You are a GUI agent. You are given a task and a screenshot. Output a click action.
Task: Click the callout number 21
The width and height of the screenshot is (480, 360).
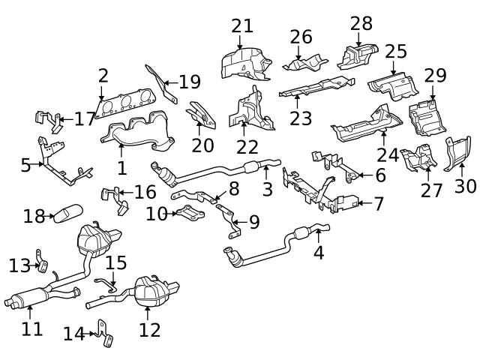242,25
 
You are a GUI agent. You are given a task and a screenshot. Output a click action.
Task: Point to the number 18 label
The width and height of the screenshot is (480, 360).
34,217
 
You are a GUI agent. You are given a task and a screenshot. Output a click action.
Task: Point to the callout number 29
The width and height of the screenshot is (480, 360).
435,76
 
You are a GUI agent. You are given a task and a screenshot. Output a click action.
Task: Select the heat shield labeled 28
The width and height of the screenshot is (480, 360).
358,54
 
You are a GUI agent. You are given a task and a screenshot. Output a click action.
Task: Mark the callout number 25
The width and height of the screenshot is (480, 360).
396,51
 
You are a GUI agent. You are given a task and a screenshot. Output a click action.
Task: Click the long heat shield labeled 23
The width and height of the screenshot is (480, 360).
315,87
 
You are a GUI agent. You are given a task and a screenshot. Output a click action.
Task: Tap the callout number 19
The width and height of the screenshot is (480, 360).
190,81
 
